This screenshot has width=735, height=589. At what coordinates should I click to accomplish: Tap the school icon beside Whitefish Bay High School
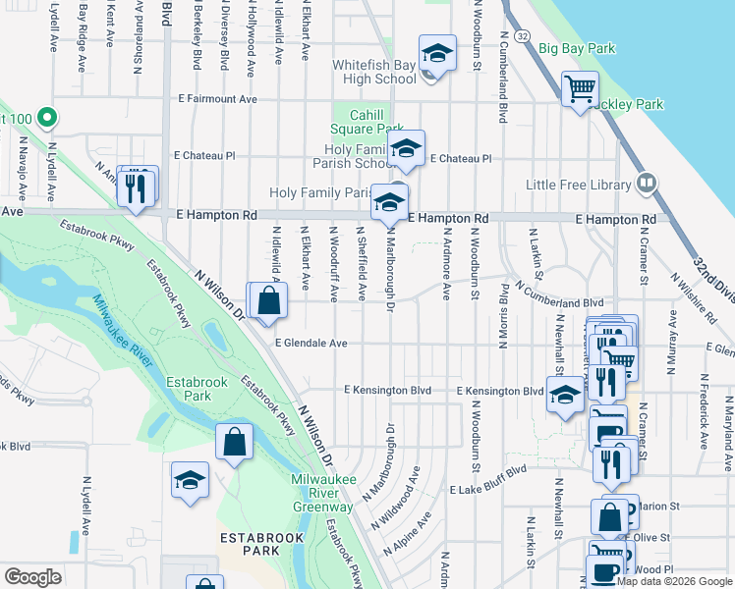[437, 53]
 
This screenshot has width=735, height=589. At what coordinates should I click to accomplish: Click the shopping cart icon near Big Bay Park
[580, 89]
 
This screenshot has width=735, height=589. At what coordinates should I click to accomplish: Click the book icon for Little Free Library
[646, 183]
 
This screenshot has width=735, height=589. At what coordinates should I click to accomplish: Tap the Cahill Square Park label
[366, 122]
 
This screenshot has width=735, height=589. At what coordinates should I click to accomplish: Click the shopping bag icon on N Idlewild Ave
[269, 301]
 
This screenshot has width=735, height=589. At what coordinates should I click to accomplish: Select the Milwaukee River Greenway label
[322, 500]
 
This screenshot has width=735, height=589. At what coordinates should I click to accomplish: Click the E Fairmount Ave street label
[217, 99]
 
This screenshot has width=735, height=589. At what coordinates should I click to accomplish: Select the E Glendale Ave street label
[311, 344]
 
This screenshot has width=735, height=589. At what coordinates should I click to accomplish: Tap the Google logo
[32, 577]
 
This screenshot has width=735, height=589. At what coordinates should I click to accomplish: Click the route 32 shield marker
[522, 36]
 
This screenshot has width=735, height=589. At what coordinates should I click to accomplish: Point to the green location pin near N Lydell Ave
[44, 119]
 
